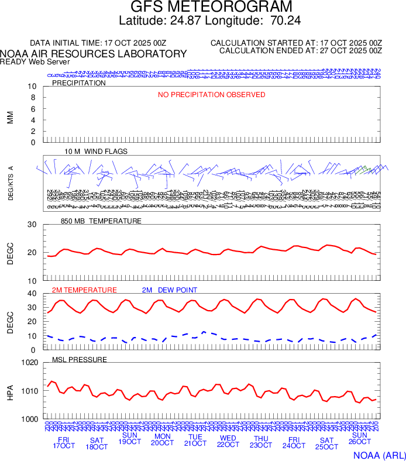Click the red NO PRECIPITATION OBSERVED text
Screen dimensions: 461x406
click(x=212, y=95)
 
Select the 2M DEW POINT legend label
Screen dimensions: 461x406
click(x=170, y=290)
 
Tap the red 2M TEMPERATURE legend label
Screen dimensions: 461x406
click(x=84, y=290)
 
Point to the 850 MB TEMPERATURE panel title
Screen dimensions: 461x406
click(x=101, y=221)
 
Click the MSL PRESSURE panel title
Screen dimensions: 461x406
click(x=80, y=359)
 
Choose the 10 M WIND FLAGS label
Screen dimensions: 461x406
click(x=96, y=152)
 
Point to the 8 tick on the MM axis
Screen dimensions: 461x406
click(x=33, y=98)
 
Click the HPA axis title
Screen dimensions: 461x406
click(x=10, y=391)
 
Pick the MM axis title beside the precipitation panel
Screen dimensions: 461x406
click(x=10, y=118)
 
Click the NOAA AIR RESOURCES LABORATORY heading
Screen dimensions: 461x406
click(x=94, y=54)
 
